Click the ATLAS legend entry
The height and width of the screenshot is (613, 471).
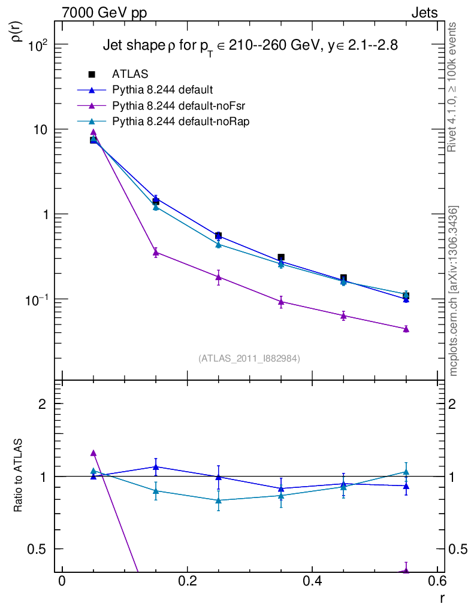(x=130, y=74)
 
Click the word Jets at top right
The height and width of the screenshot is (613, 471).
(x=424, y=13)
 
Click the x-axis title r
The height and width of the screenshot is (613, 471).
(x=442, y=597)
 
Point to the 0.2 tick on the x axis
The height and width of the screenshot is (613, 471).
(x=187, y=582)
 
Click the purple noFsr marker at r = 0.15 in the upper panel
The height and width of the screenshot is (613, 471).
(x=156, y=253)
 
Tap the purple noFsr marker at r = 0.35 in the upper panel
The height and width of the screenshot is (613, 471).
(x=281, y=302)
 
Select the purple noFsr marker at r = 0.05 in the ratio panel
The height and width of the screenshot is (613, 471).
(x=93, y=453)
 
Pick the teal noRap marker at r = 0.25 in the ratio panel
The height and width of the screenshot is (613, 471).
(x=218, y=500)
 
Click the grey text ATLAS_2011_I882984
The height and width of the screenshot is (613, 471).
(x=249, y=359)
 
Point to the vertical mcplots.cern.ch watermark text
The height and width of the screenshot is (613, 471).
(x=454, y=291)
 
